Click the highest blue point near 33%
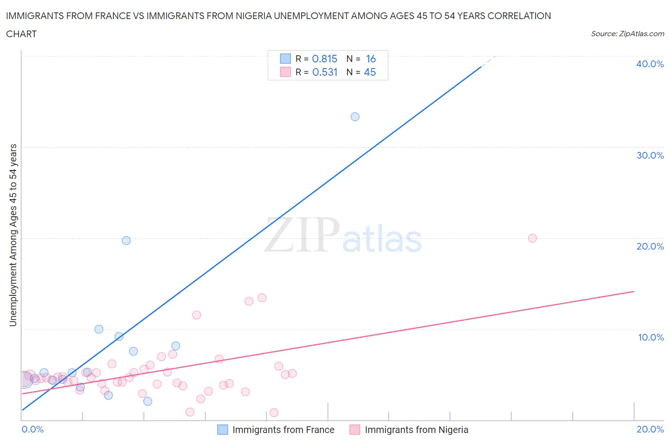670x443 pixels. click(x=355, y=117)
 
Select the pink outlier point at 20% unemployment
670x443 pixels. click(x=532, y=238)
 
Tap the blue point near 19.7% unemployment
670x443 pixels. click(x=126, y=241)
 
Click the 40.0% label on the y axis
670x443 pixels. click(x=650, y=64)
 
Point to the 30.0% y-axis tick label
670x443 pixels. click(x=650, y=155)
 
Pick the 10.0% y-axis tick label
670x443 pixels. click(x=650, y=337)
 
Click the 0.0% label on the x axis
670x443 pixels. click(x=32, y=429)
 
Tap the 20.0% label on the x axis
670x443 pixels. click(x=650, y=429)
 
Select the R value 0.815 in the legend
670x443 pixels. click(x=325, y=59)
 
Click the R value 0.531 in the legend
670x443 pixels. click(x=325, y=72)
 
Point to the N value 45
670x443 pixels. click(x=370, y=72)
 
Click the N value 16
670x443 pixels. click(x=371, y=59)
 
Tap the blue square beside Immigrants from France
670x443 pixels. click(x=223, y=430)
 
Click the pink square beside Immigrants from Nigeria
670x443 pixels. click(x=355, y=430)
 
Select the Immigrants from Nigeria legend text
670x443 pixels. click(x=416, y=430)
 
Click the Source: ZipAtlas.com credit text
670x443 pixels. click(x=627, y=33)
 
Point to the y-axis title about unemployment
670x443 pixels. click(x=13, y=235)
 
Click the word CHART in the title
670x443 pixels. click(x=21, y=34)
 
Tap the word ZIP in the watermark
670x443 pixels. click(x=302, y=234)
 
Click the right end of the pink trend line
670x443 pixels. click(x=634, y=291)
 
